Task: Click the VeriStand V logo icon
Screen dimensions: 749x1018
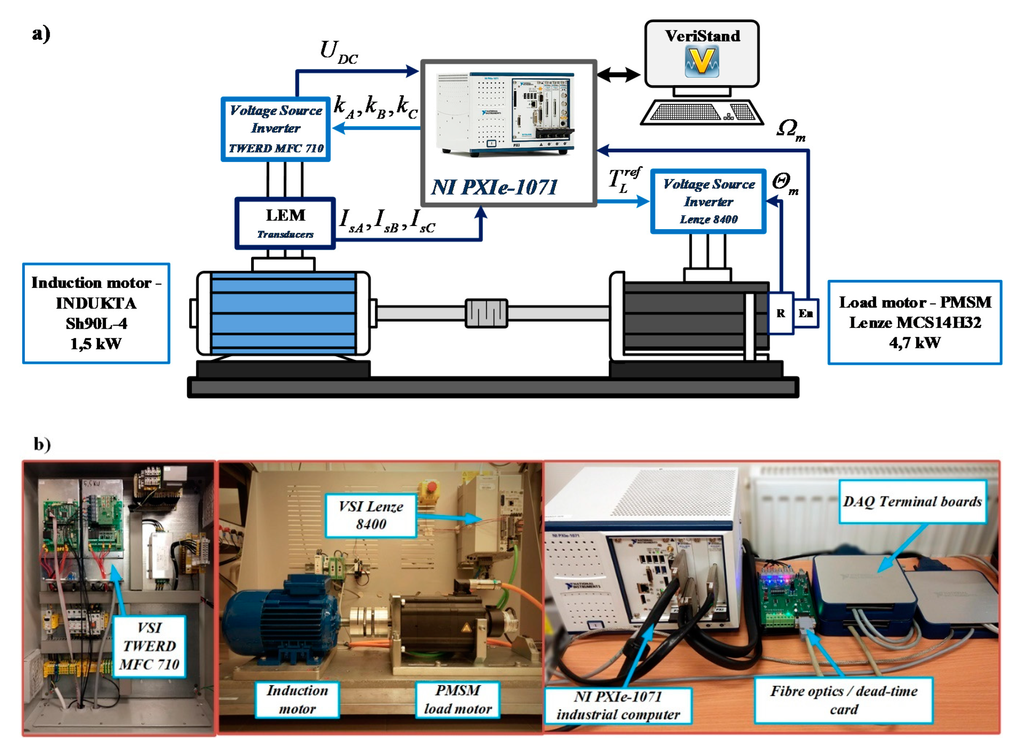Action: pyautogui.click(x=701, y=61)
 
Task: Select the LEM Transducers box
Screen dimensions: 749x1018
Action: pyautogui.click(x=285, y=223)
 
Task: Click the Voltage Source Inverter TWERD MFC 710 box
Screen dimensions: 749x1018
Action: pyautogui.click(x=275, y=129)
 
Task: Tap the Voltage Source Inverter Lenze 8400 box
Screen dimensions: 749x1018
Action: pyautogui.click(x=708, y=201)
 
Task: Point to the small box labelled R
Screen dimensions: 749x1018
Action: pyautogui.click(x=780, y=313)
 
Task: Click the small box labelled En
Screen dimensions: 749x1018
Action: pyautogui.click(x=805, y=313)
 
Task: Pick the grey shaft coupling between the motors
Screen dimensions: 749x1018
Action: pyautogui.click(x=486, y=313)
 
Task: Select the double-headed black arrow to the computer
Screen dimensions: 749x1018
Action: pyautogui.click(x=618, y=74)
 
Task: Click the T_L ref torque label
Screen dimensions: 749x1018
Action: pyautogui.click(x=623, y=180)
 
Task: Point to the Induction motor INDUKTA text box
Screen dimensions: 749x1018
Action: pyautogui.click(x=96, y=313)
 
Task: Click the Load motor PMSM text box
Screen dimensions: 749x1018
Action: pyautogui.click(x=914, y=322)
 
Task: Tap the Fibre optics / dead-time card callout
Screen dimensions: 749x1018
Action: pyautogui.click(x=843, y=700)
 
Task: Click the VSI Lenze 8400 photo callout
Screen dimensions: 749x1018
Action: pyautogui.click(x=371, y=515)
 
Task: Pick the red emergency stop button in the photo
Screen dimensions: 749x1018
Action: pyautogui.click(x=432, y=487)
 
